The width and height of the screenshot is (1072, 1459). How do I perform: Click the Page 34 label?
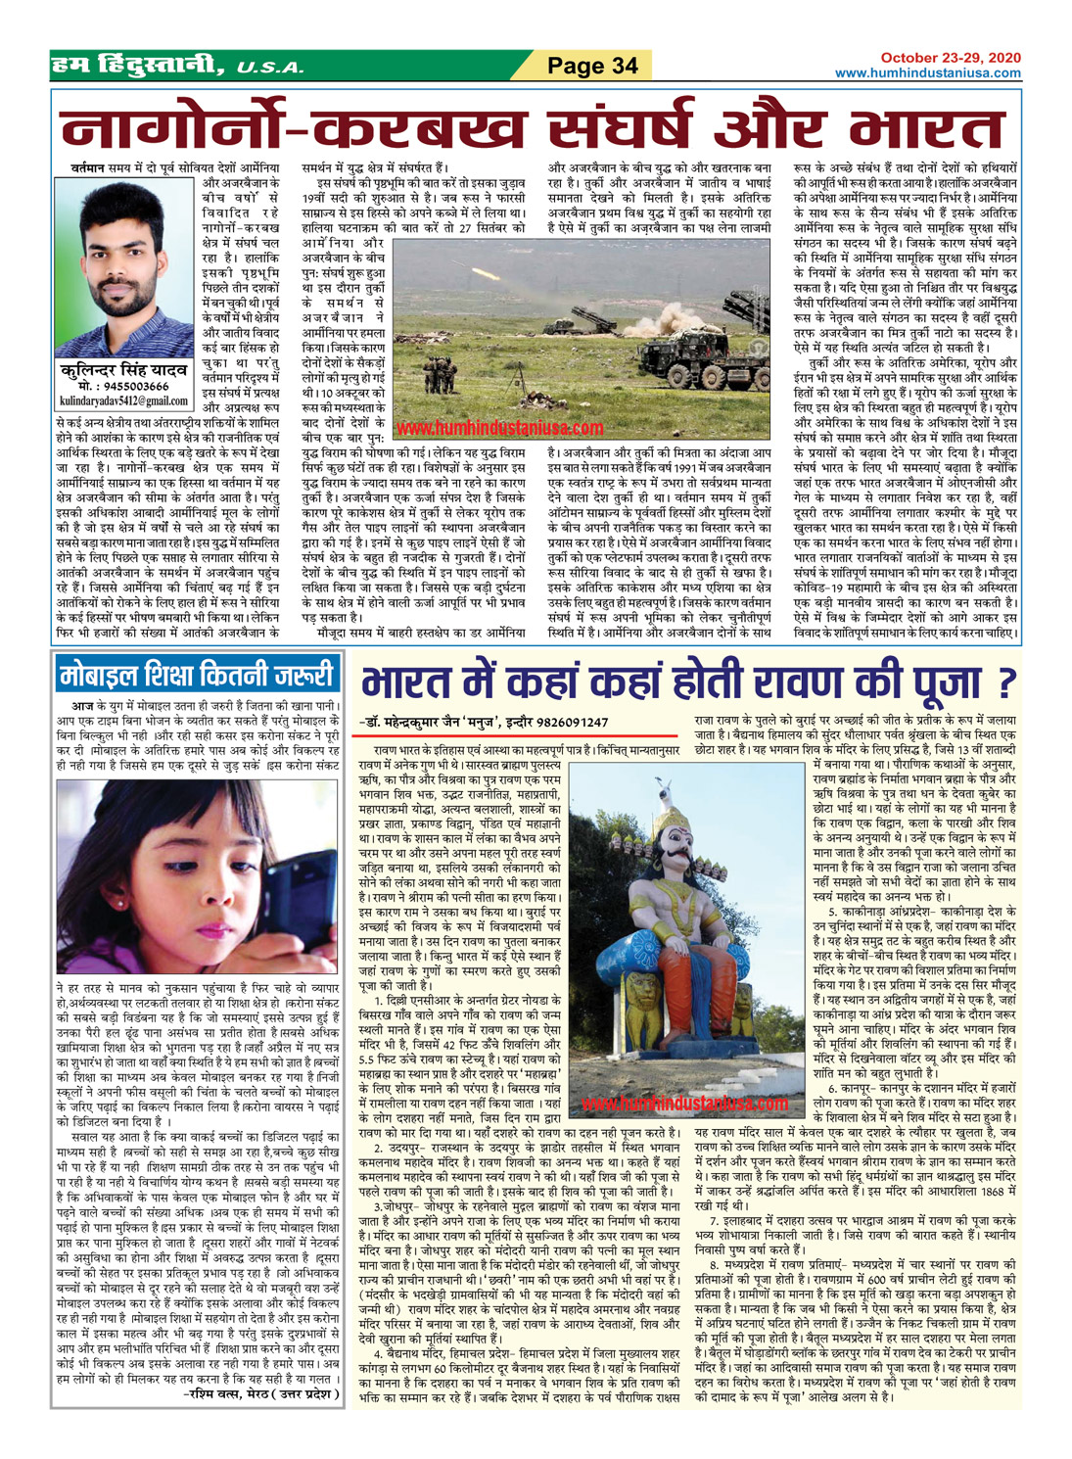pyautogui.click(x=592, y=66)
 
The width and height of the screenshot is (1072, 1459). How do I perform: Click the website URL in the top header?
pyautogui.click(x=927, y=73)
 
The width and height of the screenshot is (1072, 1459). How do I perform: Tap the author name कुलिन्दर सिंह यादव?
pyautogui.click(x=123, y=370)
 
